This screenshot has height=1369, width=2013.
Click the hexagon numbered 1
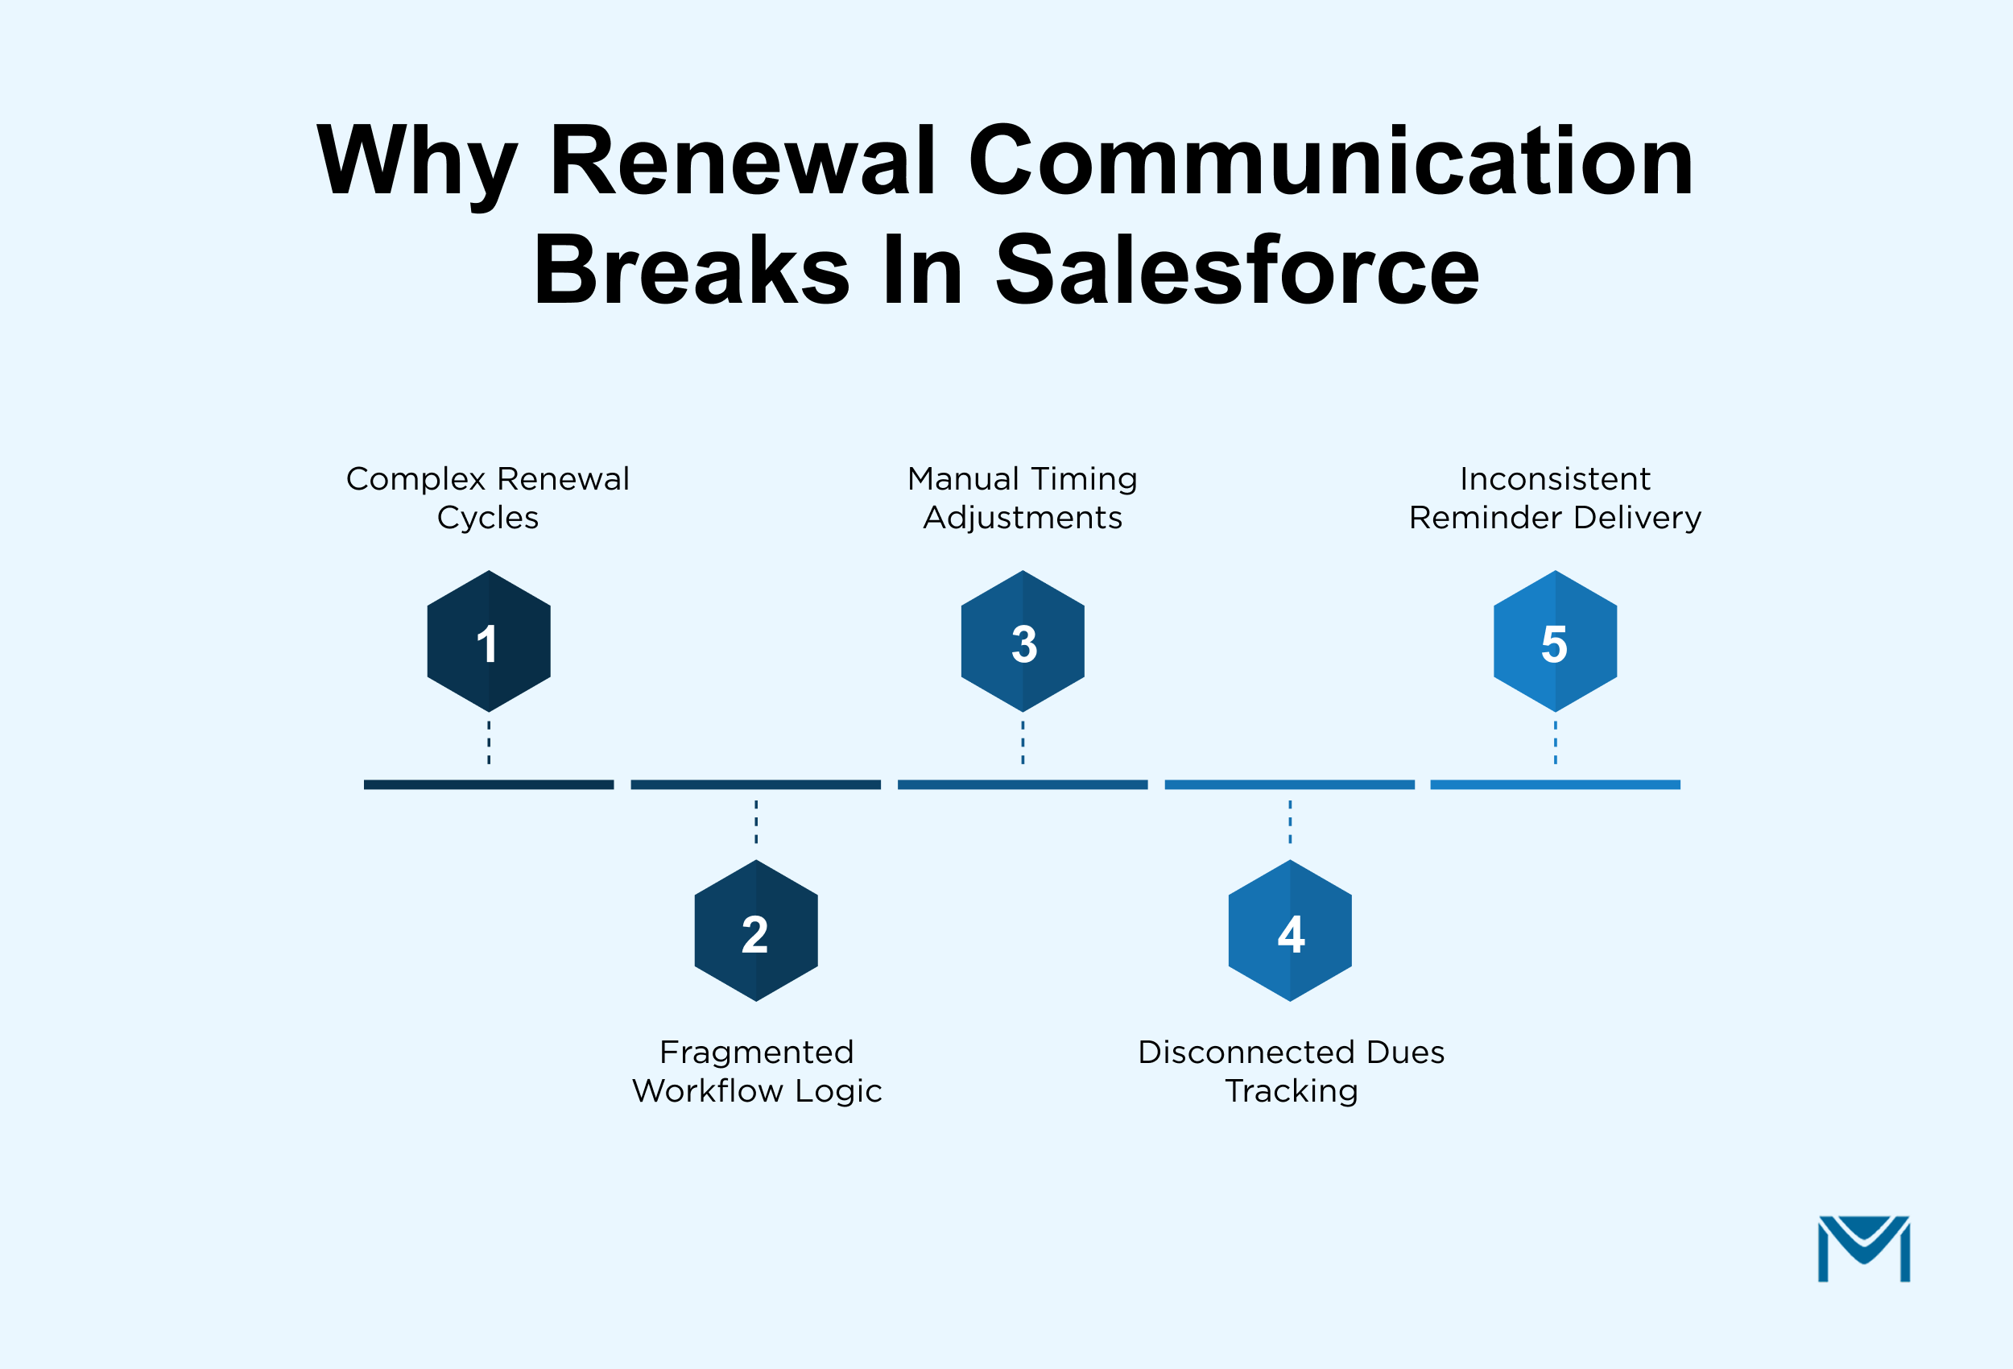(x=489, y=641)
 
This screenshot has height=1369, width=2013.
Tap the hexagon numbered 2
(x=755, y=932)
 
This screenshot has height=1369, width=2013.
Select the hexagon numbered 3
(x=1022, y=641)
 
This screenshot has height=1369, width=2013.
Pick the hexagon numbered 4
(x=1290, y=932)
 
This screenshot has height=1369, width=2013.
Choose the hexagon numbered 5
(x=1555, y=641)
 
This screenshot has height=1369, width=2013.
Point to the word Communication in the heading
(x=1329, y=161)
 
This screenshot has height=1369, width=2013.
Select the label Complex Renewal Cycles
(x=488, y=498)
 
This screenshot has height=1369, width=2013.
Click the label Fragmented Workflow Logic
(x=756, y=1071)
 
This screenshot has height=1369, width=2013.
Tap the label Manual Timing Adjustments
(x=1022, y=498)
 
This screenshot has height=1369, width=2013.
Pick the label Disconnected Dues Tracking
(x=1291, y=1071)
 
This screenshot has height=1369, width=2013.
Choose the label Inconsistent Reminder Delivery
(x=1555, y=498)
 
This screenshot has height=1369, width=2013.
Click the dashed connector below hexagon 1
(x=489, y=742)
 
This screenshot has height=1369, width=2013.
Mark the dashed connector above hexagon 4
(x=1290, y=821)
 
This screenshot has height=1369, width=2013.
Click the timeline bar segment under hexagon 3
(x=1022, y=784)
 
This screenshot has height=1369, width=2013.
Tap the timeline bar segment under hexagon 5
(x=1555, y=784)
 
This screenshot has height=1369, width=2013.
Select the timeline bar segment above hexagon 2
(x=755, y=784)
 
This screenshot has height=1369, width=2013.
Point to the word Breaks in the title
(x=691, y=271)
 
